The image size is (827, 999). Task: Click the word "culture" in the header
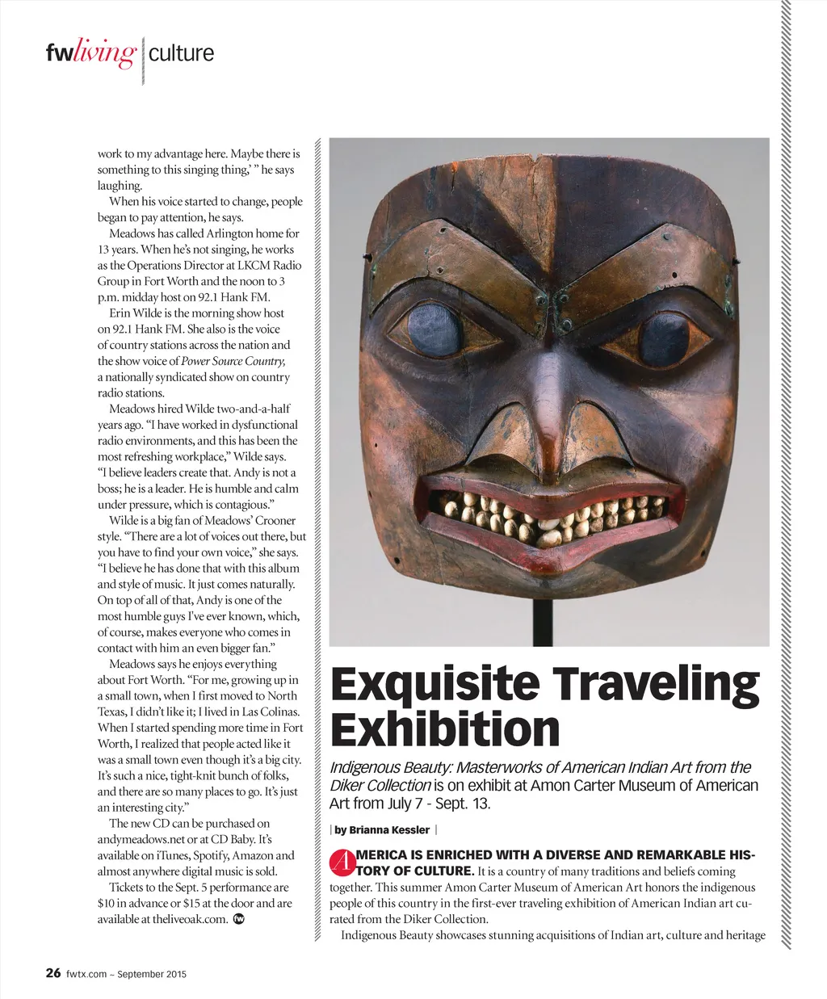point(181,54)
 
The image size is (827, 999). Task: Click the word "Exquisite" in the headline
point(434,684)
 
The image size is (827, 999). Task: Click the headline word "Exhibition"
point(445,729)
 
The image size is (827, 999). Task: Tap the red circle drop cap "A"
point(342,863)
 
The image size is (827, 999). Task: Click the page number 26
point(53,973)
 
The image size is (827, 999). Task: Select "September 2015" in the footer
point(152,974)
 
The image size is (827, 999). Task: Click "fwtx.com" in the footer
point(86,974)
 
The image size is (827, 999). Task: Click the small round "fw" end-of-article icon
point(239,919)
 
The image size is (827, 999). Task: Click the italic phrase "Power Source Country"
point(233,361)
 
